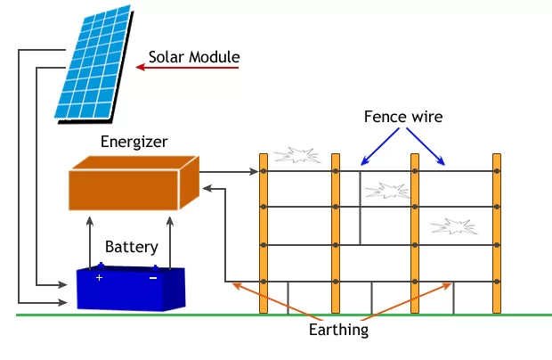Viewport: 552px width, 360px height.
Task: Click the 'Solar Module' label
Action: (194, 59)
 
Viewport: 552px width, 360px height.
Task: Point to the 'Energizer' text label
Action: (134, 142)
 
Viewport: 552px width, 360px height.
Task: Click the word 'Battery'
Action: (132, 247)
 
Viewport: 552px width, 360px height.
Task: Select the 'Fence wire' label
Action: (403, 117)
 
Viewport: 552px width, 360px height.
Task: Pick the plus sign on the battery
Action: (100, 278)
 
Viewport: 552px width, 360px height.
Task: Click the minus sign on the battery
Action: (153, 278)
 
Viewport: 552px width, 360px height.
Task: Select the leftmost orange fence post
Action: (264, 233)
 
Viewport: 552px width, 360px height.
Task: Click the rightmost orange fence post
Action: (497, 233)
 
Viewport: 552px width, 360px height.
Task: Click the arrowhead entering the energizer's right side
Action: (207, 188)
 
